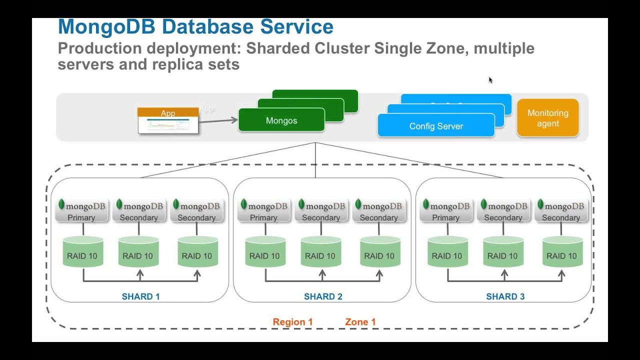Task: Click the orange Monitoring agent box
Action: [547, 118]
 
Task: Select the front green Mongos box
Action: [281, 120]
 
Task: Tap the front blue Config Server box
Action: [436, 126]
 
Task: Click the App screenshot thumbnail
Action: [168, 121]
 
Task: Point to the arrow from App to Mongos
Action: [218, 119]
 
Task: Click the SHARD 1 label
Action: [140, 296]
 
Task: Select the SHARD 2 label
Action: [323, 296]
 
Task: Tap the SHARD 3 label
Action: [505, 296]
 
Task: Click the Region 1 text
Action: [292, 322]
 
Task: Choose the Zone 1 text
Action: [360, 322]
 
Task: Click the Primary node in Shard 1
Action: [81, 210]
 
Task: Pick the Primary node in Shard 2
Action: [263, 210]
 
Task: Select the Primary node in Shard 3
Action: [446, 210]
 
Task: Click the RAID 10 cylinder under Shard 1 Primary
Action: [82, 252]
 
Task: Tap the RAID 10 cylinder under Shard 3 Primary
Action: [447, 252]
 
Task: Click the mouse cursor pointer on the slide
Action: [490, 79]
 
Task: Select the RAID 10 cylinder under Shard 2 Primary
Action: [265, 252]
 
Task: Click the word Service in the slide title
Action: [299, 27]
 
